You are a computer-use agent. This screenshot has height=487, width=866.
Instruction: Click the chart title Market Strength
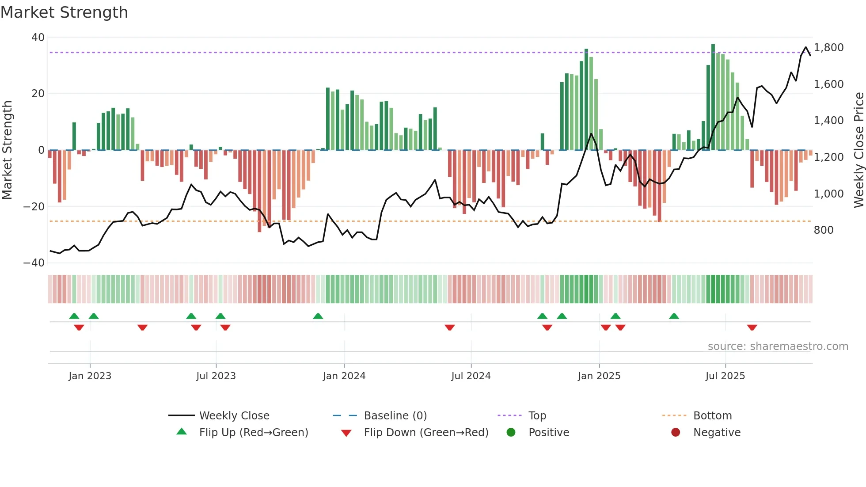[64, 12]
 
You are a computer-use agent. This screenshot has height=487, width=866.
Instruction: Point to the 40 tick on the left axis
[38, 38]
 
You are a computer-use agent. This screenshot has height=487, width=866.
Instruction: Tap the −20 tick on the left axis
[34, 206]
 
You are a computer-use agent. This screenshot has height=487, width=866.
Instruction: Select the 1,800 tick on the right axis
[828, 48]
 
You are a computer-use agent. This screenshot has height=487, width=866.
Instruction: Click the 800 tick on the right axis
[824, 230]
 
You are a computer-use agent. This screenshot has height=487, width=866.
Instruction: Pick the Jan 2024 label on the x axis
[344, 376]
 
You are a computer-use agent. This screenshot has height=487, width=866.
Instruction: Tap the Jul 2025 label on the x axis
[725, 376]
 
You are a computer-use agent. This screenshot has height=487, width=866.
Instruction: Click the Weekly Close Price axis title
[858, 150]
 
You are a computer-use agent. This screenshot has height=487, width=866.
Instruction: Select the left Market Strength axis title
[8, 150]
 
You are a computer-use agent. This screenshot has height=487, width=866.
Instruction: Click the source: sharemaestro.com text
[778, 346]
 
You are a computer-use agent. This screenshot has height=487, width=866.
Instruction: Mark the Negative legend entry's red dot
[676, 433]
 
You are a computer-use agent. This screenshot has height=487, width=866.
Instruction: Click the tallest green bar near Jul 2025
[713, 97]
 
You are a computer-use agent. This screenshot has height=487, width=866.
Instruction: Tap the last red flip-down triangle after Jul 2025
[752, 327]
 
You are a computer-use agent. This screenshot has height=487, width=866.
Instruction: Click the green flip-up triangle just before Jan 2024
[318, 316]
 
